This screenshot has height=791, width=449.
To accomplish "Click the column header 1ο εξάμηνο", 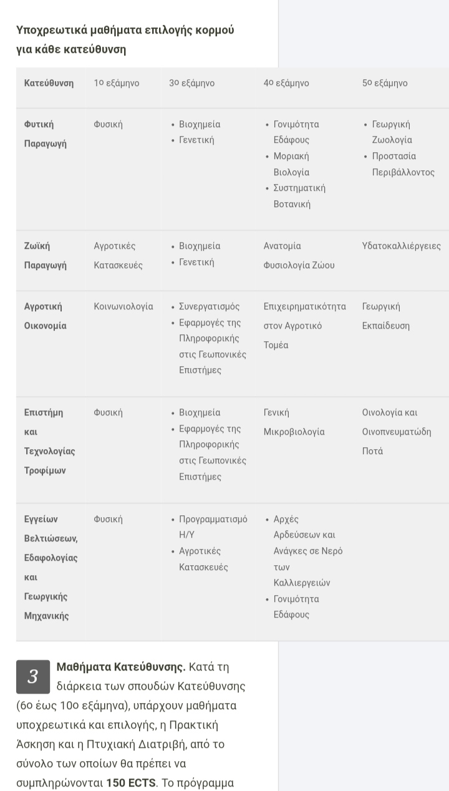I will click(x=116, y=83).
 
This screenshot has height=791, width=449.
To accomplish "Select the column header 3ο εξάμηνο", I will click(x=191, y=83).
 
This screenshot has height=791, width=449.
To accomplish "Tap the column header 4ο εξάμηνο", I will click(x=286, y=83).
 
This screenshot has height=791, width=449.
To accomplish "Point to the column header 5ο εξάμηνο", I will click(x=385, y=83).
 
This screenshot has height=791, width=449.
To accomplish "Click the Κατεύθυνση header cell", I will click(x=49, y=83).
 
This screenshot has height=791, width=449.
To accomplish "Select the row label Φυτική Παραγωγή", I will click(x=45, y=133).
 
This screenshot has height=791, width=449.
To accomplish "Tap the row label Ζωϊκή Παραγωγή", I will click(x=45, y=255).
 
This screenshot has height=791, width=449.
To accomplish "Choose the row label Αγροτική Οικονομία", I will click(x=45, y=316).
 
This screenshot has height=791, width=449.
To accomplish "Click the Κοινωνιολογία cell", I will click(x=123, y=306).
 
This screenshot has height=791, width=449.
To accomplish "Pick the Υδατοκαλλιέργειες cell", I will click(x=401, y=246).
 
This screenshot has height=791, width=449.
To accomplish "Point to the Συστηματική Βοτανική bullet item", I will click(x=299, y=196).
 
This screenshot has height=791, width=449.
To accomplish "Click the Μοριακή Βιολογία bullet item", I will click(x=291, y=164).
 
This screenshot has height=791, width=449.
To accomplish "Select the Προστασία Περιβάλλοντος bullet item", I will click(x=403, y=164).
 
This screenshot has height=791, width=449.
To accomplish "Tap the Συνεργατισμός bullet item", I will click(x=209, y=306).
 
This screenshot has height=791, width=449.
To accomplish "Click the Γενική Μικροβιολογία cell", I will click(x=294, y=422).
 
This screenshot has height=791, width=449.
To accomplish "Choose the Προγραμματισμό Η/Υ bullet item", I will click(x=213, y=527).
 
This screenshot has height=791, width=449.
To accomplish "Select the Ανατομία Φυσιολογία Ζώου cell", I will click(x=299, y=255).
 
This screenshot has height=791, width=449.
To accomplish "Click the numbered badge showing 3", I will click(x=32, y=676).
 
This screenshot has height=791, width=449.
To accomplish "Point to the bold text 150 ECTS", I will click(x=130, y=782).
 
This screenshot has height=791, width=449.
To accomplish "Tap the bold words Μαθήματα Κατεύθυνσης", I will click(x=121, y=667).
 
